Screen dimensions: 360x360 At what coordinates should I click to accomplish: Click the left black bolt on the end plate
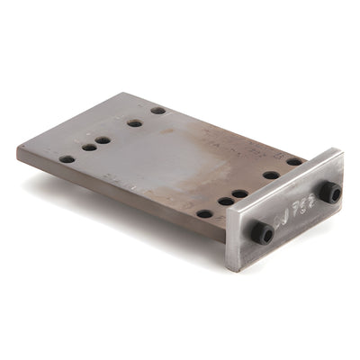click(x=262, y=233)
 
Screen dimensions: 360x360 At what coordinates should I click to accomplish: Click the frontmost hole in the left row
click(x=67, y=159)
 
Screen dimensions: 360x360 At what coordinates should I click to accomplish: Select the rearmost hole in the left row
click(x=158, y=111)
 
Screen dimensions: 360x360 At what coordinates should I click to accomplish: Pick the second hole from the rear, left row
click(x=135, y=122)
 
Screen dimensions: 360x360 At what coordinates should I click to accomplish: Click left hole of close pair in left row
click(x=89, y=147)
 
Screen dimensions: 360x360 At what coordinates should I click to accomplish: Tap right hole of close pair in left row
click(x=103, y=139)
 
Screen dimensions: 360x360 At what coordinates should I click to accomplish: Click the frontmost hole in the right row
click(x=205, y=214)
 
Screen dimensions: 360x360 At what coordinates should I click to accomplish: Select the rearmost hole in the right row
click(x=294, y=162)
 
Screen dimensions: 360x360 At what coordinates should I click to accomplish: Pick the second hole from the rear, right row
click(x=271, y=175)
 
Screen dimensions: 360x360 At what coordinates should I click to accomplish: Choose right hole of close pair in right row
click(x=240, y=193)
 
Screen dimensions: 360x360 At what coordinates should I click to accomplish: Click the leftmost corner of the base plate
click(x=17, y=149)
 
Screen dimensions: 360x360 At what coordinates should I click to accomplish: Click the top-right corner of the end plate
click(x=341, y=149)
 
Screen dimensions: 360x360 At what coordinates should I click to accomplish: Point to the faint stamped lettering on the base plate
click(x=216, y=139)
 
